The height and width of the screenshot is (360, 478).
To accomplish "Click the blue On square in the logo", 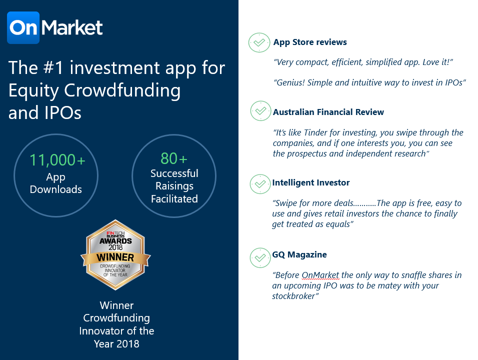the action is pyautogui.click(x=23, y=27).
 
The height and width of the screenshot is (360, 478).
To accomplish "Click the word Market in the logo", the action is pyautogui.click(x=72, y=27).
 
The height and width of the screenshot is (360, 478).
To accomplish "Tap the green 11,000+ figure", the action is pyautogui.click(x=57, y=159).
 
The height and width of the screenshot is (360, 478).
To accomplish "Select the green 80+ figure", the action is pyautogui.click(x=174, y=158).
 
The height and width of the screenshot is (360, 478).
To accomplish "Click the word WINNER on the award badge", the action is pyautogui.click(x=115, y=257).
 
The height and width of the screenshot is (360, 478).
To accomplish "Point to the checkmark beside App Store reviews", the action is pyautogui.click(x=259, y=42).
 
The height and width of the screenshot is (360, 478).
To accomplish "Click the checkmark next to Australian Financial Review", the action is pyautogui.click(x=260, y=111).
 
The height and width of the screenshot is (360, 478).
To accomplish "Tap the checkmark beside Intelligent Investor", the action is pyautogui.click(x=260, y=184).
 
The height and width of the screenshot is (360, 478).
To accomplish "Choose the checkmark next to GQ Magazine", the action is pyautogui.click(x=260, y=258).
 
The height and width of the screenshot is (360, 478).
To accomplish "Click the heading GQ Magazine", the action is pyautogui.click(x=299, y=254).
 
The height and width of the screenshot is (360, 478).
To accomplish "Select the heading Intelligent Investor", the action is pyautogui.click(x=311, y=182).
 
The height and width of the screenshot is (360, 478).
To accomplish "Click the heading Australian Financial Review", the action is pyautogui.click(x=328, y=112).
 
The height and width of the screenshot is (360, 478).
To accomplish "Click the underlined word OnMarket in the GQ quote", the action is pyautogui.click(x=320, y=275).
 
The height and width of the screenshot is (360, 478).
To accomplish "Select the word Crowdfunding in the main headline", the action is pyautogui.click(x=122, y=91).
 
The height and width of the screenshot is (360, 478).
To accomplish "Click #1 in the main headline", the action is pyautogui.click(x=53, y=67).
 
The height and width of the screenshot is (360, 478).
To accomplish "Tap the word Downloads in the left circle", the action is pyautogui.click(x=56, y=189).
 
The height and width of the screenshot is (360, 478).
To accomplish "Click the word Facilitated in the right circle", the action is pyautogui.click(x=174, y=198).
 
